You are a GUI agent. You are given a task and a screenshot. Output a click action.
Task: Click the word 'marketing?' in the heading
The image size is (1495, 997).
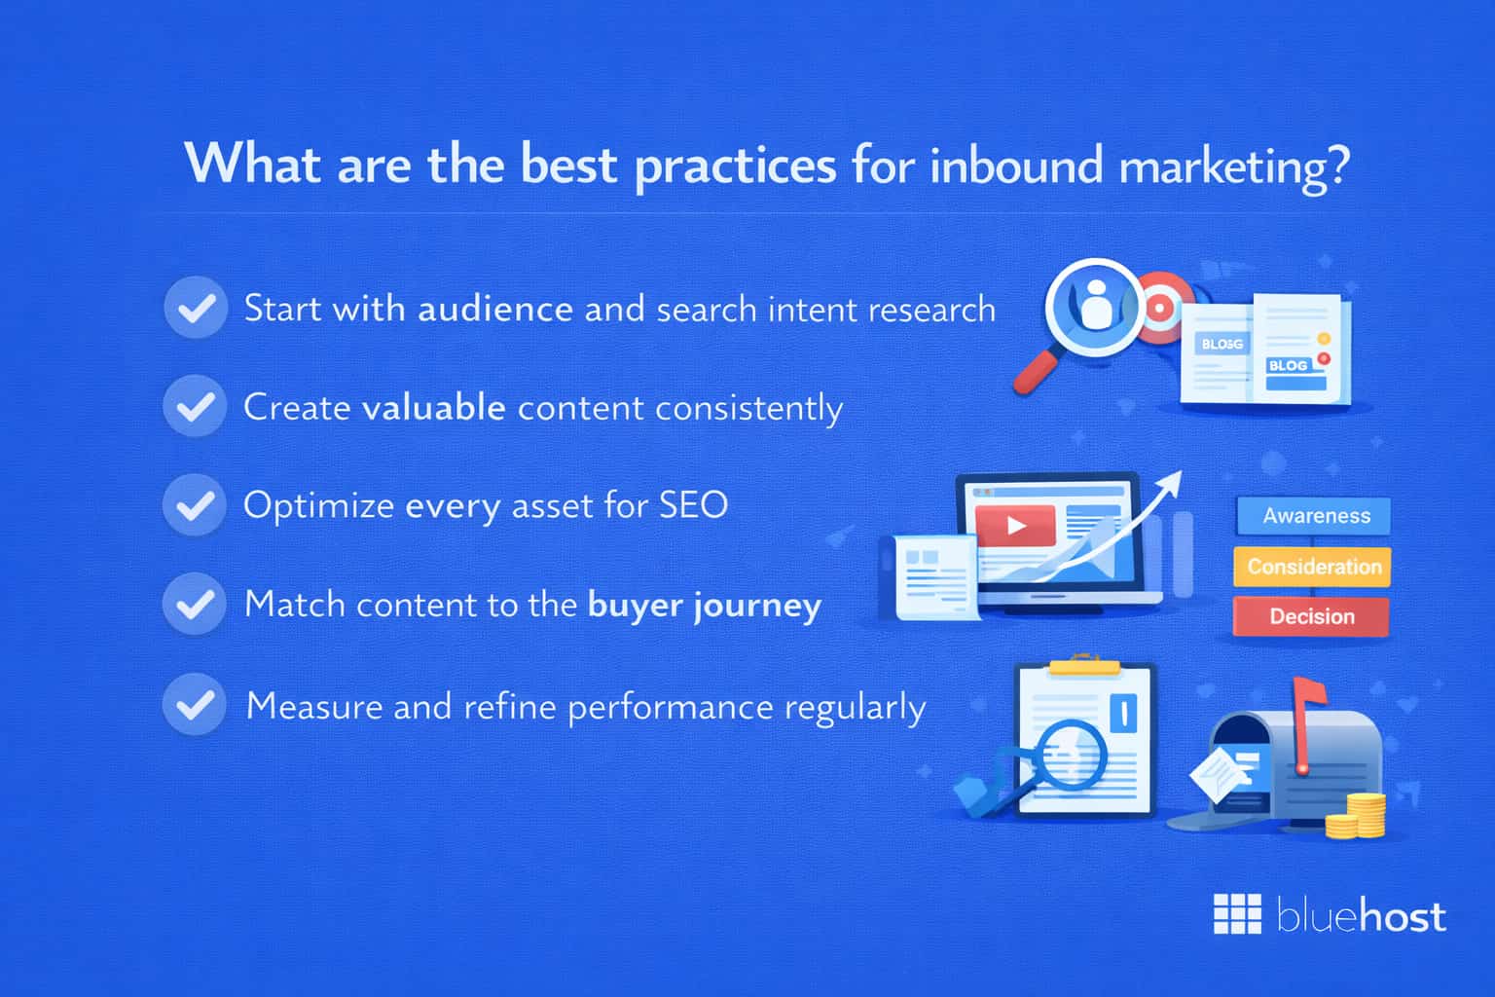[x=1234, y=166]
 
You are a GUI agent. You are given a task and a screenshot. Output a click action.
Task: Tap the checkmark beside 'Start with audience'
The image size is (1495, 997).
[x=196, y=308]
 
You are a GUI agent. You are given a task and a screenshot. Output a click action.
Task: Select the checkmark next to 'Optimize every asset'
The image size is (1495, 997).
[x=195, y=505]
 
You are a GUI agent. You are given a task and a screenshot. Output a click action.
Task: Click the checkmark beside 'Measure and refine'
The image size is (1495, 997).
[x=195, y=704]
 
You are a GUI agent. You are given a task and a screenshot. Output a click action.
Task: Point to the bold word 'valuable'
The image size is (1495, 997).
[x=433, y=407]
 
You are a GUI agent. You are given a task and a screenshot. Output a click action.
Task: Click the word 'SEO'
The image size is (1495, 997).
[x=693, y=505]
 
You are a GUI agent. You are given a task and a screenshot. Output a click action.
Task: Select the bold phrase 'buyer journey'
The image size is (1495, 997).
[x=705, y=606]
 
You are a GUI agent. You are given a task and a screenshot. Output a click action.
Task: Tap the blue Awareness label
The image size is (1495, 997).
[x=1315, y=516]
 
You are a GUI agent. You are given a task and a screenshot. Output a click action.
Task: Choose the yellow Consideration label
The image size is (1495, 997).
[x=1313, y=567]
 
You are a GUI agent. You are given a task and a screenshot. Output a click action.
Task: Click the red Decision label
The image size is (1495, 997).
[x=1311, y=616]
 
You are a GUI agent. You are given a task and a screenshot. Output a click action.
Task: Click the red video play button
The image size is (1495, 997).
[x=1016, y=527]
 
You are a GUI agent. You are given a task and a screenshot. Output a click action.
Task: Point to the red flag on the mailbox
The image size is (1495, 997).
[x=1308, y=694]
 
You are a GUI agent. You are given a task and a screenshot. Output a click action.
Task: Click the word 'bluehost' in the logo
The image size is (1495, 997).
[x=1361, y=917]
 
